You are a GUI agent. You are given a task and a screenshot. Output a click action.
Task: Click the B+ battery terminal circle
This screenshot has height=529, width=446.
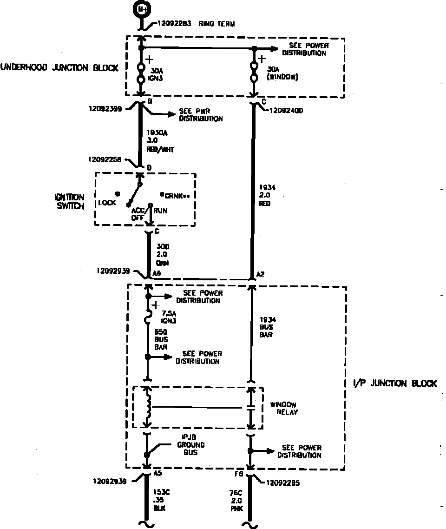pos(140,9)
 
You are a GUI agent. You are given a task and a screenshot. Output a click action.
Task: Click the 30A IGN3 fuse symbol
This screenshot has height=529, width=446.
pos(141,73)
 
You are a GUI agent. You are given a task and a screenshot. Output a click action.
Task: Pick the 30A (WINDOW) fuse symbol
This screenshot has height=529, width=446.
pos(254,72)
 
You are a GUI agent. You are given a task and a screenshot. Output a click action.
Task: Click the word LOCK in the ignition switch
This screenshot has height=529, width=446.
pos(107,203)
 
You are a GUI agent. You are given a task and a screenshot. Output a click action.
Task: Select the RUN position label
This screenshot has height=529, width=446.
pos(161,211)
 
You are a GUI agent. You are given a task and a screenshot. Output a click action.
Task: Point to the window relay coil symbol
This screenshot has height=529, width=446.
pos(148,407)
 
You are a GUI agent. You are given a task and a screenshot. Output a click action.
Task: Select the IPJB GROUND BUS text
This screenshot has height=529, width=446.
pos(191,445)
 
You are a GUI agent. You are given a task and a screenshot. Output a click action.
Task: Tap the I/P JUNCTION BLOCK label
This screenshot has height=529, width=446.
pos(391,384)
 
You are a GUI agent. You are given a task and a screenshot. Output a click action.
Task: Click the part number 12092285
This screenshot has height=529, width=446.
pos(283,483)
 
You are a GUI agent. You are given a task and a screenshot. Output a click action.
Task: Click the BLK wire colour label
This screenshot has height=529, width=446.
pos(159,508)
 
